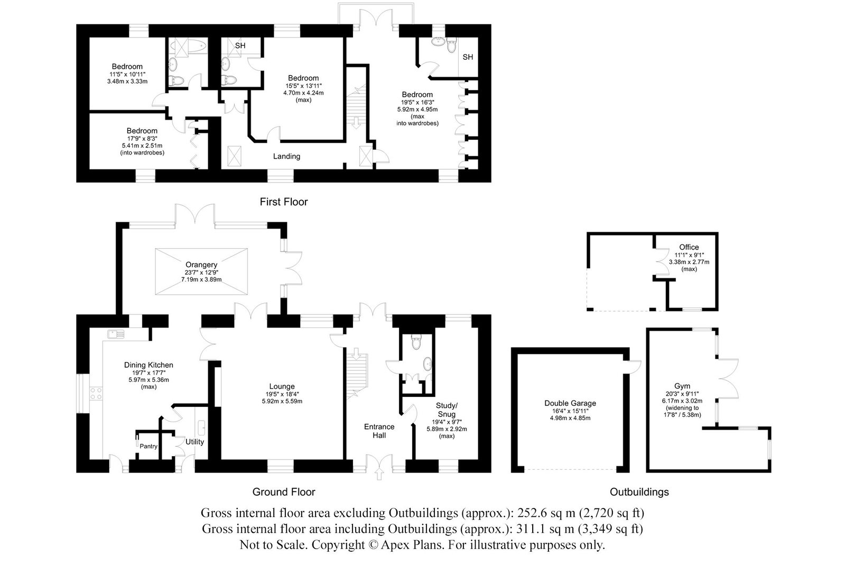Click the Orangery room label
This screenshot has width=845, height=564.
(x=201, y=265)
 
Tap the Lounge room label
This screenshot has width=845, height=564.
(x=282, y=386)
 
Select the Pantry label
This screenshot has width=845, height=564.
(x=148, y=446)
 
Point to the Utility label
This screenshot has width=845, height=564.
(x=194, y=442)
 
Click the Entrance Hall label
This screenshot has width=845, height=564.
(x=379, y=431)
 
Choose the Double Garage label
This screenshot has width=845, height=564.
(x=570, y=403)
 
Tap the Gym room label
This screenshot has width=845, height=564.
(x=682, y=386)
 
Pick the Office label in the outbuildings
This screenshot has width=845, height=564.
(x=689, y=247)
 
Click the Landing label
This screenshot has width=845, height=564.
(x=287, y=157)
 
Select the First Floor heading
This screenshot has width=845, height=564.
(x=284, y=202)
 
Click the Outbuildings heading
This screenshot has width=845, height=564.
(x=639, y=492)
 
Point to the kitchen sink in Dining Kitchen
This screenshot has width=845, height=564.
(x=116, y=334)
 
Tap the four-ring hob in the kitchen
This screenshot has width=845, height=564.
(x=96, y=393)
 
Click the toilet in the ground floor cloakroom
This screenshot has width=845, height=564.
(x=416, y=341)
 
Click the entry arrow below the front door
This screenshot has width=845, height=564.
(x=379, y=475)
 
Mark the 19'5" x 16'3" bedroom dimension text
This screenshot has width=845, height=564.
(x=417, y=102)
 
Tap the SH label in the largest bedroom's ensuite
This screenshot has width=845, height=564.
(x=468, y=57)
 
